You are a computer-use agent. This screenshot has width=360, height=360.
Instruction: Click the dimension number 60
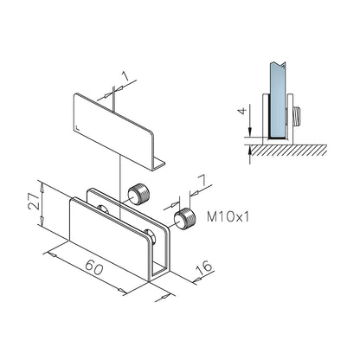tap(94, 267)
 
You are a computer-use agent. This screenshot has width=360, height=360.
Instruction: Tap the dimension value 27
tap(34, 201)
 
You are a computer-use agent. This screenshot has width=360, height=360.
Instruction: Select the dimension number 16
tap(204, 268)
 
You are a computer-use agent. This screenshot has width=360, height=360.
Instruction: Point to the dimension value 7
tap(202, 181)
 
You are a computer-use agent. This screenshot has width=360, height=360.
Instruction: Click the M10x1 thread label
tap(228, 216)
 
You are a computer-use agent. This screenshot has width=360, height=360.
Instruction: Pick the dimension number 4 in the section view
tap(243, 111)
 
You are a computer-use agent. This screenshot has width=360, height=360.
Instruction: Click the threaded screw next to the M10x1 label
tap(184, 218)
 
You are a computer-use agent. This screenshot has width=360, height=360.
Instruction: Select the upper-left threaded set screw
tap(138, 195)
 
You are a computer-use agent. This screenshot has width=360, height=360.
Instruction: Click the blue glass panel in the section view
tap(278, 100)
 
